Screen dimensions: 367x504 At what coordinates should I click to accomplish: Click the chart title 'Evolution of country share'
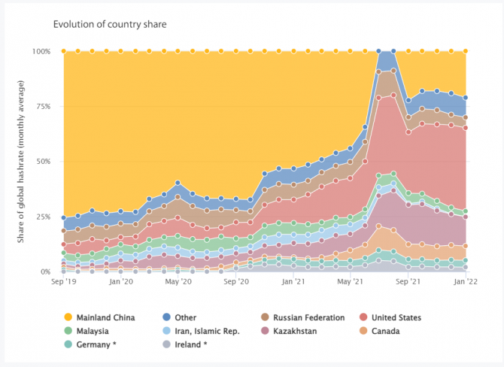(110, 24)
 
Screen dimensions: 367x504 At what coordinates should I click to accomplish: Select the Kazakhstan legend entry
(304, 331)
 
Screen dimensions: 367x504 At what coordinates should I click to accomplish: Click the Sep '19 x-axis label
(63, 282)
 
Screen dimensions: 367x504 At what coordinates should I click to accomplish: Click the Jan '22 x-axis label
(465, 282)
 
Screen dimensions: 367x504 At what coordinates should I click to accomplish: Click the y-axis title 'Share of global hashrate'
(21, 162)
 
